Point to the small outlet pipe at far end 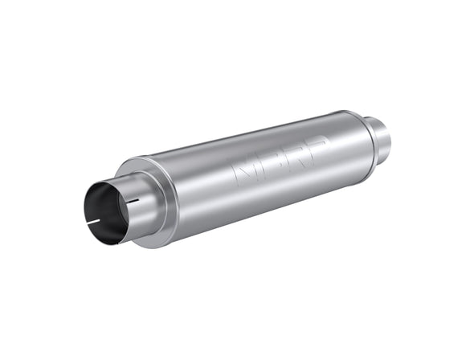tap(378, 137)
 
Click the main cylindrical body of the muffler tap(257, 177)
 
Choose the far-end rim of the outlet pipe tap(387, 137)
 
